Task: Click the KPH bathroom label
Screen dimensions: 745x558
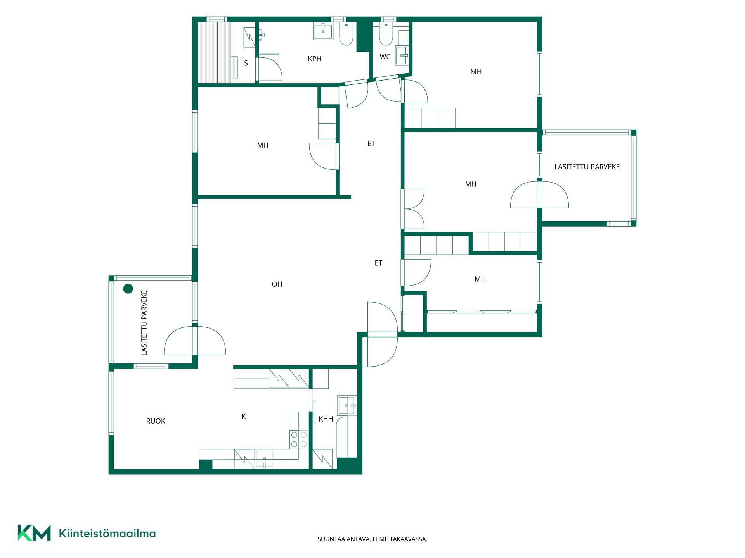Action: (314, 59)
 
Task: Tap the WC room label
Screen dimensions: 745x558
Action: (385, 57)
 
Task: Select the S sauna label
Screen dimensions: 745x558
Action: (246, 63)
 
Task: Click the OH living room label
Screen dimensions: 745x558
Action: (277, 284)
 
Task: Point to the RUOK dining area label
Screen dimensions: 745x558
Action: (156, 421)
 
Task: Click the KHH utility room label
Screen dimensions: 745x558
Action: (326, 419)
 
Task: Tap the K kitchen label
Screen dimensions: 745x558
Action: (244, 417)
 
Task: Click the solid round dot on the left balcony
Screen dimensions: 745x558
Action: (128, 289)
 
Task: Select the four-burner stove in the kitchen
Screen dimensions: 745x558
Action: (299, 439)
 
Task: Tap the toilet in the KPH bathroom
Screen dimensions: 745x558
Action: (346, 34)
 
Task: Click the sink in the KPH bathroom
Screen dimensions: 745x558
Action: (323, 31)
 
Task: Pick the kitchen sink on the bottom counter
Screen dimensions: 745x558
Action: (264, 459)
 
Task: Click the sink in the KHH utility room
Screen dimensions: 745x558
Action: (347, 405)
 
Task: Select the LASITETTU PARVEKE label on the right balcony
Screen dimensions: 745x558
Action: (587, 167)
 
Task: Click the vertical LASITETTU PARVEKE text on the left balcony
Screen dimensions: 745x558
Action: (144, 323)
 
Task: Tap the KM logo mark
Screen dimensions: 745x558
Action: (34, 533)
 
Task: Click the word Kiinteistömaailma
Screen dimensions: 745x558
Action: (107, 533)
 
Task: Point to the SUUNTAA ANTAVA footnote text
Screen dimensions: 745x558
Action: (372, 539)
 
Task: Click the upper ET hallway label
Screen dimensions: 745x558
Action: (371, 144)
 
